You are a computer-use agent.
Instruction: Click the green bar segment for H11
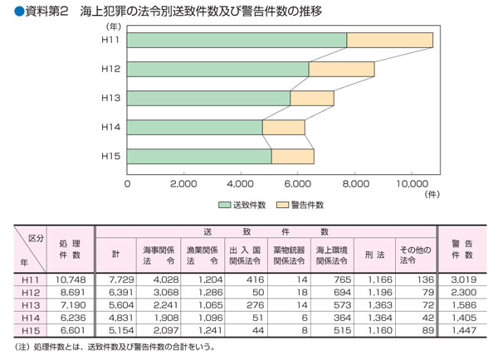[237, 40]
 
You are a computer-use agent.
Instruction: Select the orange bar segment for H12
[341, 70]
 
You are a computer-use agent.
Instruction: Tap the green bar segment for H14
[195, 128]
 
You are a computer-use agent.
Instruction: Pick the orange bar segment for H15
[292, 156]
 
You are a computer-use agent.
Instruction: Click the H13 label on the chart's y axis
[111, 99]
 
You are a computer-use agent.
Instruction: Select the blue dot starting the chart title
[8, 11]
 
